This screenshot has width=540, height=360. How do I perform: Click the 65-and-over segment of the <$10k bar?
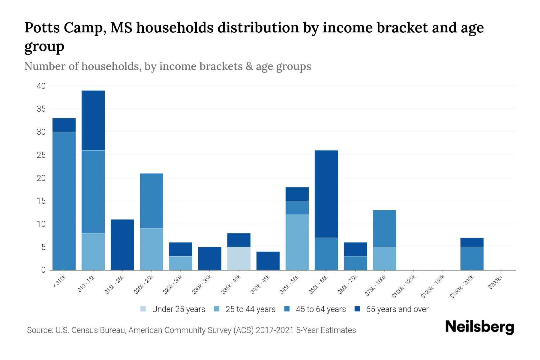64,125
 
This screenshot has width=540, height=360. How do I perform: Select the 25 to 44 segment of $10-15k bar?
93,251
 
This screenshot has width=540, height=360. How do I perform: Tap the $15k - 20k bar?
122,244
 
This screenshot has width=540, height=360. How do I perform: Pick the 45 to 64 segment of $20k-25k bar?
151,201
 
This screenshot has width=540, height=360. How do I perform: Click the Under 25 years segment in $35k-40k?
239,258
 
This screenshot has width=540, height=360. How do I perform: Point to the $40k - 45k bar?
268,261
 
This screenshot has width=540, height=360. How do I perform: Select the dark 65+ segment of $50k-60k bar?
326,194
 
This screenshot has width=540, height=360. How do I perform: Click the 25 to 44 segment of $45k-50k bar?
297,242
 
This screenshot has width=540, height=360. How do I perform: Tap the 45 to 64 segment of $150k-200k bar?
472,258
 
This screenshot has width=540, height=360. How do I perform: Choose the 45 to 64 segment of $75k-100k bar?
384,228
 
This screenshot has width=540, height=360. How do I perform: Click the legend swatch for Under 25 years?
143,309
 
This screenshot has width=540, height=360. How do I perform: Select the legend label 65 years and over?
397,309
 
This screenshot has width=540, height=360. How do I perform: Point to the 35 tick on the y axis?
41,109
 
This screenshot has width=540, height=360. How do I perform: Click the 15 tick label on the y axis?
41,201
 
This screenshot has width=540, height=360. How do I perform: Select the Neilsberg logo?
479,327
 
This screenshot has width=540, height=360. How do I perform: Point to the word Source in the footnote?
39,330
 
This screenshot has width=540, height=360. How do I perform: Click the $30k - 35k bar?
210,258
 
